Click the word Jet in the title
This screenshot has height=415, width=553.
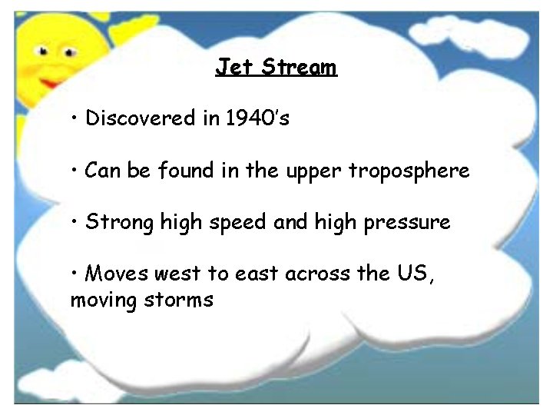pyautogui.click(x=234, y=67)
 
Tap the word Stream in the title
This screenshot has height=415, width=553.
pyautogui.click(x=298, y=67)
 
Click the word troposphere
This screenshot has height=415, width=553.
pyautogui.click(x=409, y=171)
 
